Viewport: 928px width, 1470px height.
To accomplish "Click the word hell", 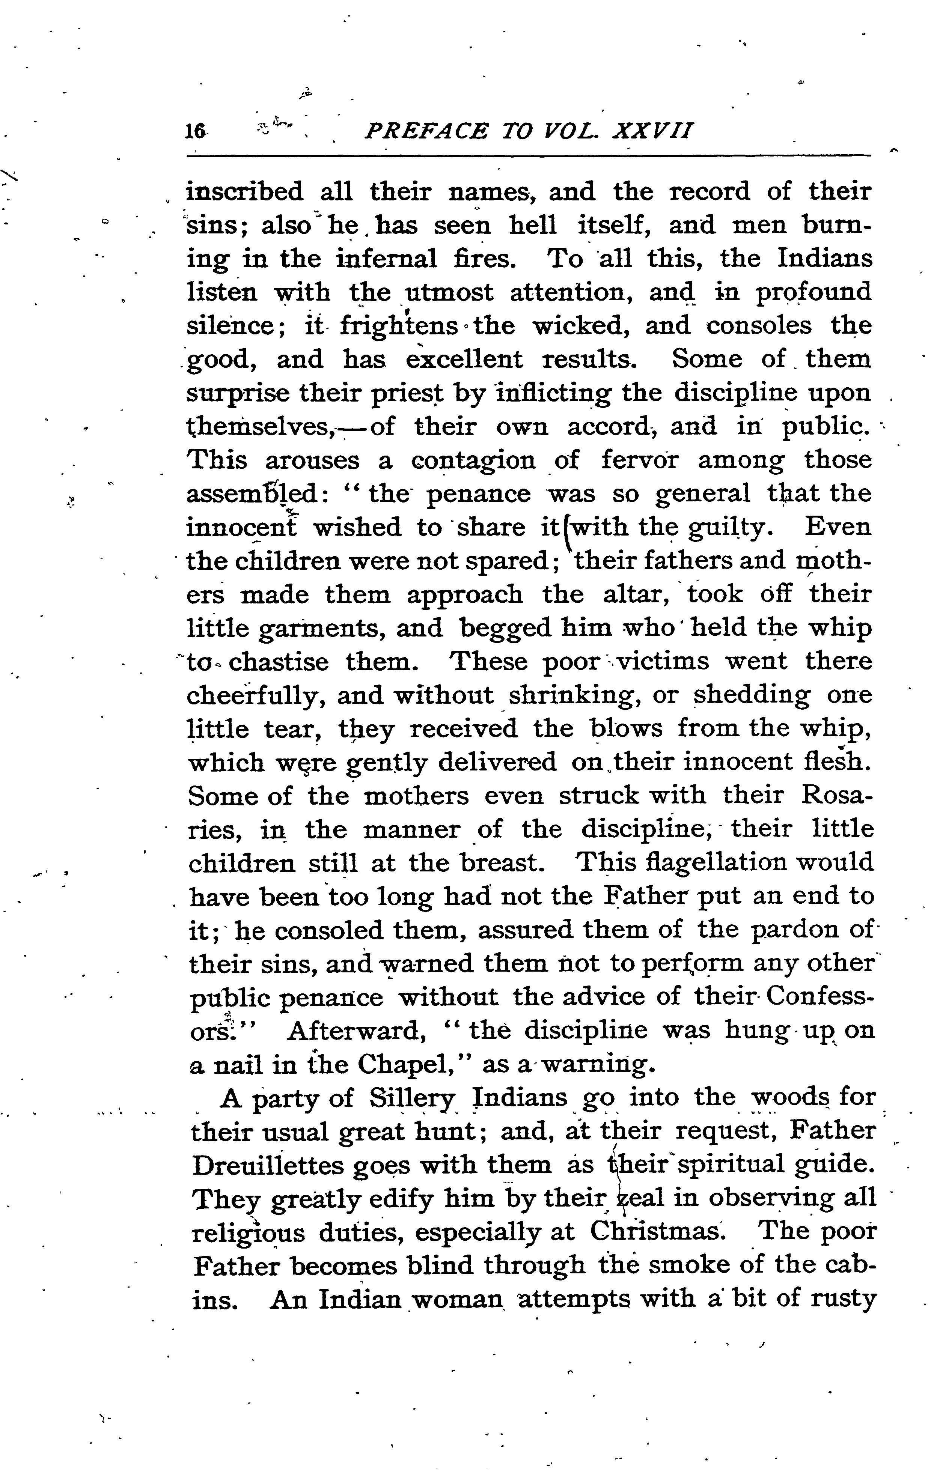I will [x=533, y=225].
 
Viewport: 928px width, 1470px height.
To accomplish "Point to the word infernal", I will [x=387, y=259].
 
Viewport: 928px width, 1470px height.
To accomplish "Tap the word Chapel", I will [x=413, y=1064].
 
